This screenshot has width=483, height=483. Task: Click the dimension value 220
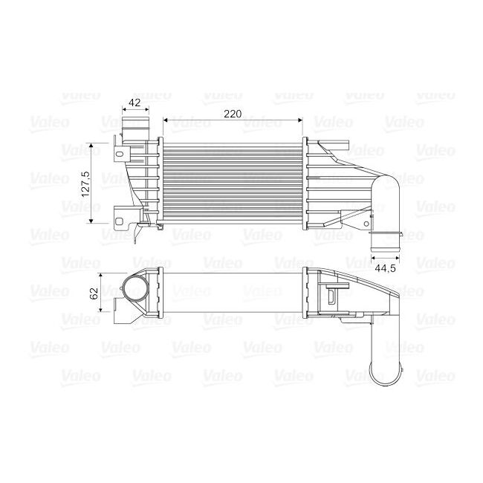click(233, 114)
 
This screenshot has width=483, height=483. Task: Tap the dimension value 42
click(135, 103)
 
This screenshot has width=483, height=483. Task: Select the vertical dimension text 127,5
click(85, 183)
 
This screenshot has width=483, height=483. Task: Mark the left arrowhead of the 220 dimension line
click(164, 120)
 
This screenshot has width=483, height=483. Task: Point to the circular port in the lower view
click(137, 292)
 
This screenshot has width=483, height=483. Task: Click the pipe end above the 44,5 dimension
click(384, 242)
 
